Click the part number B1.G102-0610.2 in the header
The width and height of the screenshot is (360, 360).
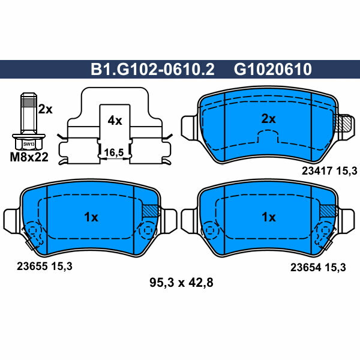[152, 70]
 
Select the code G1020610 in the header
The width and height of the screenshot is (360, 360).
[272, 70]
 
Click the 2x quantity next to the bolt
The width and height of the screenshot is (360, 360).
[45, 109]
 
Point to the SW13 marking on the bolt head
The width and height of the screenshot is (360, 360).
[28, 144]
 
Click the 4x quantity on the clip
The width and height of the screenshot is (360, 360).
[114, 121]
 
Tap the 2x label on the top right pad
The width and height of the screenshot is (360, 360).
[268, 119]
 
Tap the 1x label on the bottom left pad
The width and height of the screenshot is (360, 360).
[91, 217]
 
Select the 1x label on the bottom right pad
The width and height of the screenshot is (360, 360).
[268, 217]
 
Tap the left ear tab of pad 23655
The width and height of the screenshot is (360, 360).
[11, 219]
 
